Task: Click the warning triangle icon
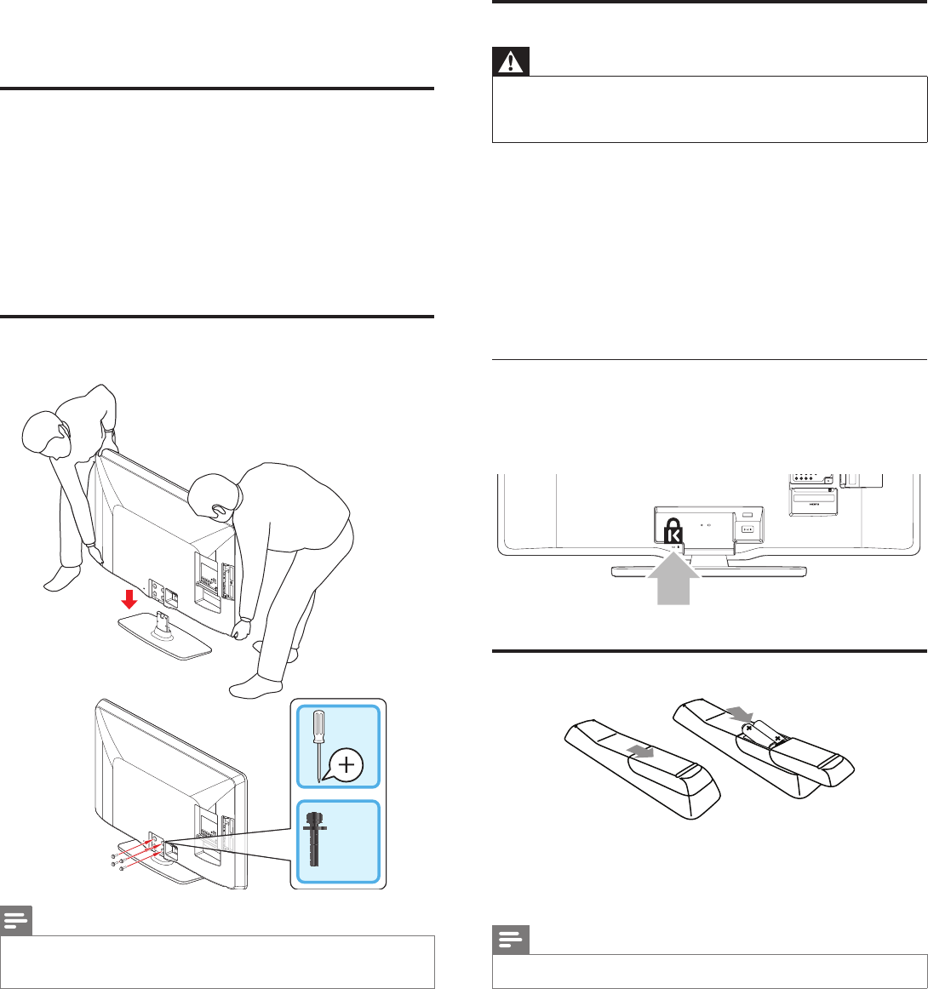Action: coord(511,63)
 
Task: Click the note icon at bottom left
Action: coord(16,922)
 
